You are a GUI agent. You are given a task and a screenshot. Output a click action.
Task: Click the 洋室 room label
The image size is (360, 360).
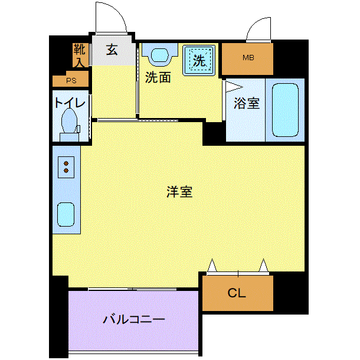pos(179,192)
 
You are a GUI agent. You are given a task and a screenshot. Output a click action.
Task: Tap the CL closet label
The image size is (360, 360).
pos(237,293)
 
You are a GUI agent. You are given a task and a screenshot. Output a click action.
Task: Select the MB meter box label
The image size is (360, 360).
pos(248,58)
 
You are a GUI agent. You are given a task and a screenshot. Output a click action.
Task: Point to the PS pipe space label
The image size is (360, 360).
pos(71,81)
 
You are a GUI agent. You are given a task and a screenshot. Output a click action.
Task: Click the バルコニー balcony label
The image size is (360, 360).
pos(133,319)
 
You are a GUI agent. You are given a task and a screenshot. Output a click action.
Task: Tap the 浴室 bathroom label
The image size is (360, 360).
pos(247,103)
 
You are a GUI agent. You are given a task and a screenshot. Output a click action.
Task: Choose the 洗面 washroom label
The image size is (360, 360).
pos(158,77)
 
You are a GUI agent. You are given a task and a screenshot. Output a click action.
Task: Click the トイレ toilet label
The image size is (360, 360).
pos(70,103)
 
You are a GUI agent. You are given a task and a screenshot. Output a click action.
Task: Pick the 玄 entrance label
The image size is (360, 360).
pos(112,50)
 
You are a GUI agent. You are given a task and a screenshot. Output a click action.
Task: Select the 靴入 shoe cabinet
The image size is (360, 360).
pos(80,55)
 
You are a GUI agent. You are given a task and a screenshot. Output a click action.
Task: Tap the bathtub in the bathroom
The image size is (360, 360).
pos(285,110)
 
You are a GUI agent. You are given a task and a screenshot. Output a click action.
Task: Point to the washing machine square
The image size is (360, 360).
pos(199,60)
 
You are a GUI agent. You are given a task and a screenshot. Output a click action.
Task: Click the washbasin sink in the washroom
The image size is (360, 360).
pos(160,55)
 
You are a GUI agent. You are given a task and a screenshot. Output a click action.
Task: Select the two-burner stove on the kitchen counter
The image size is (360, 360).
pos(66,167)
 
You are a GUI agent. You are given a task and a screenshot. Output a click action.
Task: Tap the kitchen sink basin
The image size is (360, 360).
pos(66,214)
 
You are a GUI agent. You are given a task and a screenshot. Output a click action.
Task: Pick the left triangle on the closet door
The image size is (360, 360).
pos(212,266)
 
